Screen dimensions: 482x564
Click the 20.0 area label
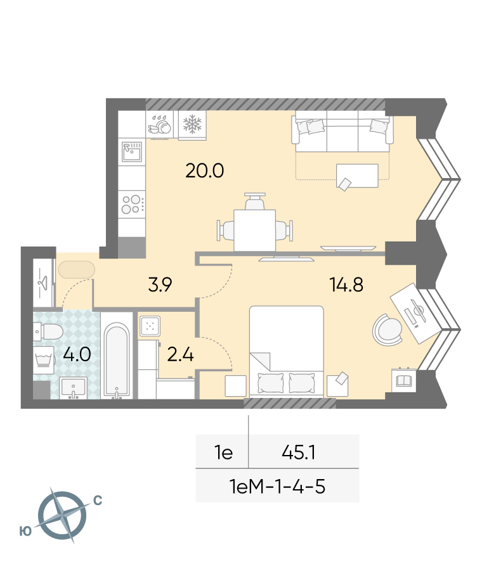(204, 171)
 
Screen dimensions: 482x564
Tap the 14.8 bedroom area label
(346, 285)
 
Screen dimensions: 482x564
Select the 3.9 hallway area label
(160, 285)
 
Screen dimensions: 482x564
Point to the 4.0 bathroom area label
(77, 354)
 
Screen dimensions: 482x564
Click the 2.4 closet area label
(181, 355)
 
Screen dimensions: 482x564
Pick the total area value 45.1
(299, 452)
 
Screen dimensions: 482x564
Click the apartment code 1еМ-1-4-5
(277, 486)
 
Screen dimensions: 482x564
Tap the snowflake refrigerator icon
(192, 124)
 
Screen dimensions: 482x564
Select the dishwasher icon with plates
(160, 125)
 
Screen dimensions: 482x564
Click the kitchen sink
(132, 152)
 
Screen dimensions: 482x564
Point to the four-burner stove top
(132, 204)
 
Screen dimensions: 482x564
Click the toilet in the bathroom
(48, 331)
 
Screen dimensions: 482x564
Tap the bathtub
(117, 360)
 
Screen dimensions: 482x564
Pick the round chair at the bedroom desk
(388, 330)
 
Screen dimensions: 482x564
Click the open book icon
(404, 381)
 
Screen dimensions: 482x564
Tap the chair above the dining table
(255, 202)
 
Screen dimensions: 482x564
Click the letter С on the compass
(98, 501)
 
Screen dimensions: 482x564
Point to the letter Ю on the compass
(25, 531)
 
